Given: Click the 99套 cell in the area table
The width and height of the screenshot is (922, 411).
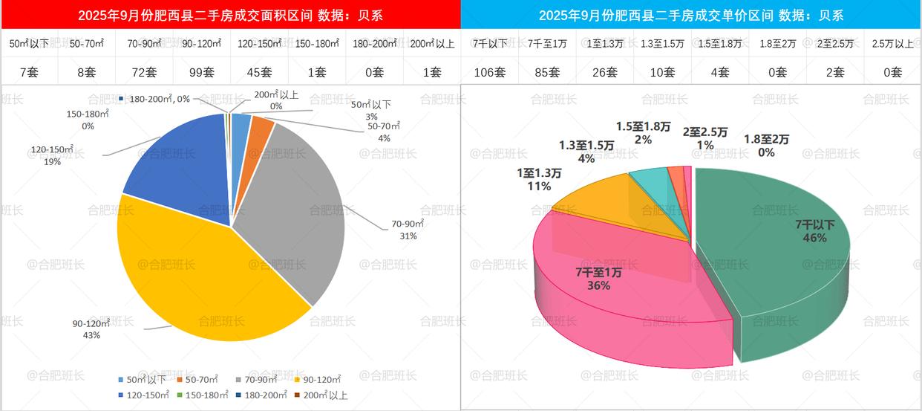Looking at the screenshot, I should [x=201, y=72].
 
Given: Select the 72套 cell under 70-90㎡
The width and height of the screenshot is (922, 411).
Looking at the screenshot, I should [x=144, y=72].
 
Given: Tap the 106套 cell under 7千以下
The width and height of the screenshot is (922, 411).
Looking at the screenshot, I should [x=489, y=72].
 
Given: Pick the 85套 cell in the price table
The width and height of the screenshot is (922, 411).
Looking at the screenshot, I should [x=547, y=72].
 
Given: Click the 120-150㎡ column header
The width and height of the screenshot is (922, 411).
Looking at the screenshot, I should [x=259, y=43].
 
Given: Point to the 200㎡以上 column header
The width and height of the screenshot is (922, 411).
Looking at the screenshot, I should [x=432, y=43].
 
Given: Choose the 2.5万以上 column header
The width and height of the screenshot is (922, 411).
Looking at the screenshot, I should [x=893, y=43].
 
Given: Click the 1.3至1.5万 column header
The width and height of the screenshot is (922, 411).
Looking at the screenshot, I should [x=662, y=43].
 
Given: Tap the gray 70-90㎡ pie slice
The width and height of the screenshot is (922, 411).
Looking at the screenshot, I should [x=297, y=208].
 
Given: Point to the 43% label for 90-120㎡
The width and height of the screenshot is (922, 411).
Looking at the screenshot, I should [x=91, y=334].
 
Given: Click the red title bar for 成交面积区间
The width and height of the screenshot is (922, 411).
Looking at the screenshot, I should [x=230, y=15].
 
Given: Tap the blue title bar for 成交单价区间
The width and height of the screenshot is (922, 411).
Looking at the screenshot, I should [x=691, y=15].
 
